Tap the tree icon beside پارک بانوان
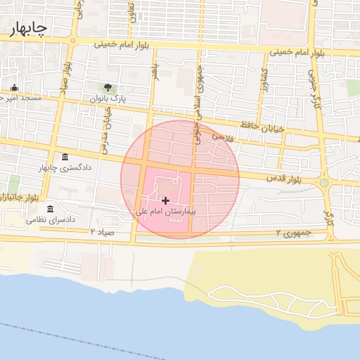[108, 88]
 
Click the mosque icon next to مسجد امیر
[14, 88]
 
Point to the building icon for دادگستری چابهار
[65, 157]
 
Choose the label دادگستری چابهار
[65, 169]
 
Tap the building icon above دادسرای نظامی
[50, 210]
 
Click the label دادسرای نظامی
[51, 220]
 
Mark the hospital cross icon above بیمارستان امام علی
[165, 201]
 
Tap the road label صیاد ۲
[102, 231]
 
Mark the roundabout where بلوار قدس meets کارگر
[324, 184]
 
